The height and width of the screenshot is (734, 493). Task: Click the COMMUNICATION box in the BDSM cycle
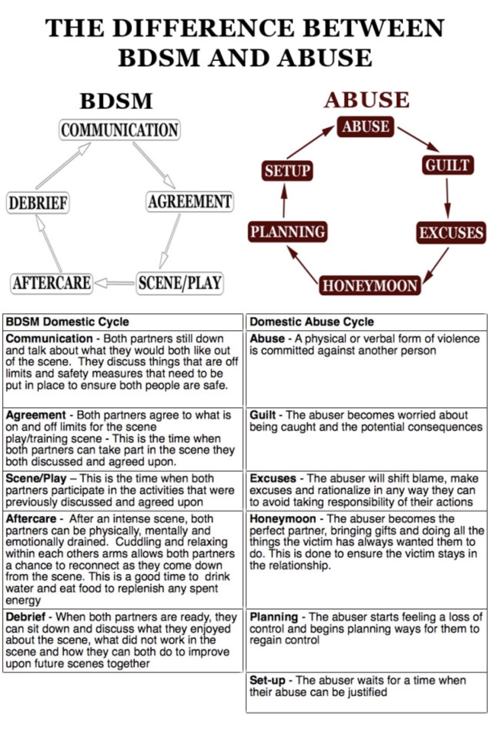click(120, 130)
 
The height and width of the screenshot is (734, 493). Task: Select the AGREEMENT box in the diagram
click(190, 202)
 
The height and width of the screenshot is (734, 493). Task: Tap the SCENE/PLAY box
click(180, 283)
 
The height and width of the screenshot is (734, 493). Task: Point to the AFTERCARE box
click(51, 283)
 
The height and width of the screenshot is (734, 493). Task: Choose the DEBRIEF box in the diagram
click(38, 203)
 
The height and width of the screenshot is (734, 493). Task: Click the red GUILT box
click(447, 165)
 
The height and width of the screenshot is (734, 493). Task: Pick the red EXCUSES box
click(451, 232)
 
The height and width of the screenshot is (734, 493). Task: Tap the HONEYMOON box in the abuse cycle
click(370, 285)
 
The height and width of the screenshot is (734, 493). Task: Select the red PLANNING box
click(288, 232)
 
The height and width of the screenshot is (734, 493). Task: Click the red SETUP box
click(287, 171)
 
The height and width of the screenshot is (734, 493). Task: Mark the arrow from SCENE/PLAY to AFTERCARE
click(115, 283)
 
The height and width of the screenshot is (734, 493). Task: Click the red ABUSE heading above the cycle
click(367, 100)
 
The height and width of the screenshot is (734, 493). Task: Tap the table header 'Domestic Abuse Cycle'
click(312, 322)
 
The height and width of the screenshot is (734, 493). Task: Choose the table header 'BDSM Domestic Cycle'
click(67, 322)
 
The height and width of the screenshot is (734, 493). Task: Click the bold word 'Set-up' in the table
click(267, 680)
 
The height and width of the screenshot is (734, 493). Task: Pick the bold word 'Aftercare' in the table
click(31, 519)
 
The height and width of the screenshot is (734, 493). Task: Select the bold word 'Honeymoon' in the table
click(283, 519)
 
